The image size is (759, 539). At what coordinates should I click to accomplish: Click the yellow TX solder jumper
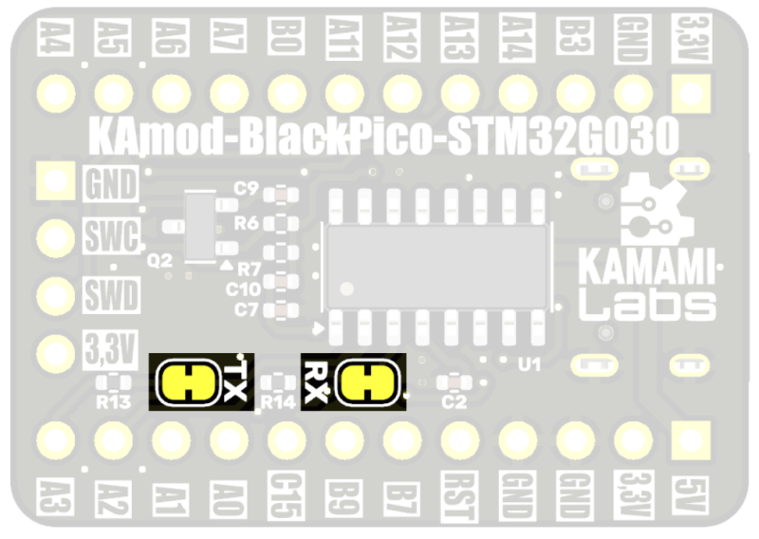[186, 382]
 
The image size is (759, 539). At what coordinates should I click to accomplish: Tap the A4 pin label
[54, 35]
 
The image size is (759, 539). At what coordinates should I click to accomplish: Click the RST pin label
[459, 495]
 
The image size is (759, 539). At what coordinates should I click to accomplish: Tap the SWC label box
[110, 234]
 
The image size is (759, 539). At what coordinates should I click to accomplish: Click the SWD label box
[110, 295]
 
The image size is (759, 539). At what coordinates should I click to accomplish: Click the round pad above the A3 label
[54, 439]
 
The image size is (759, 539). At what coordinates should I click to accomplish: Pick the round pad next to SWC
[54, 236]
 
